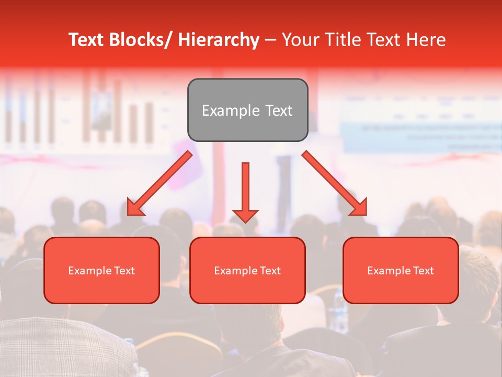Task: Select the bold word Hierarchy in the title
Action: [219, 40]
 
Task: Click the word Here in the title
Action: [426, 40]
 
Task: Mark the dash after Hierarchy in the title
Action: [270, 41]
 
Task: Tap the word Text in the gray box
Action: [278, 110]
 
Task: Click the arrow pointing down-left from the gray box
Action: [160, 183]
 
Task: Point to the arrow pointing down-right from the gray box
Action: [335, 183]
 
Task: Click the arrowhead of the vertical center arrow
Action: [245, 215]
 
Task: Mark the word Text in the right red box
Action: [424, 271]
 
